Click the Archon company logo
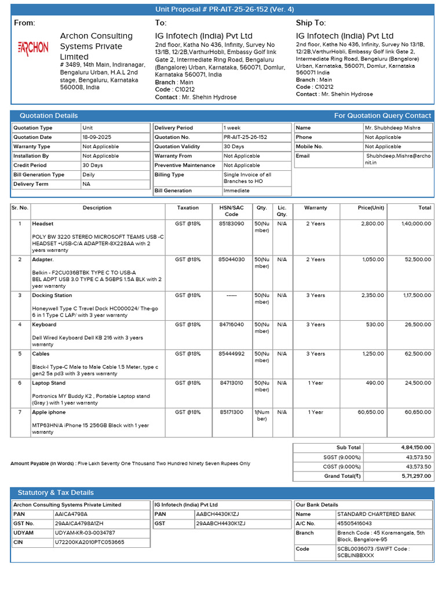[x=34, y=47]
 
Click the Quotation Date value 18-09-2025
[x=95, y=137]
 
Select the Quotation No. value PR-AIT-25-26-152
[x=245, y=137]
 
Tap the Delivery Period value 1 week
[x=233, y=128]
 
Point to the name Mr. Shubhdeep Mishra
[x=392, y=128]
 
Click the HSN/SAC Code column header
[x=231, y=211]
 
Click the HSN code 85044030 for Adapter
[x=231, y=259]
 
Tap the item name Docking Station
[x=52, y=295]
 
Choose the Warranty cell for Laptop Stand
[x=315, y=383]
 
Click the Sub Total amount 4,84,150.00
[x=416, y=448]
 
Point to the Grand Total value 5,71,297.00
[x=416, y=476]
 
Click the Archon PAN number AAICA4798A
[x=71, y=514]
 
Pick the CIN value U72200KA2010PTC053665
[x=89, y=542]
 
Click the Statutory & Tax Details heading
[x=56, y=493]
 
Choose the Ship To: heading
[x=311, y=23]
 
